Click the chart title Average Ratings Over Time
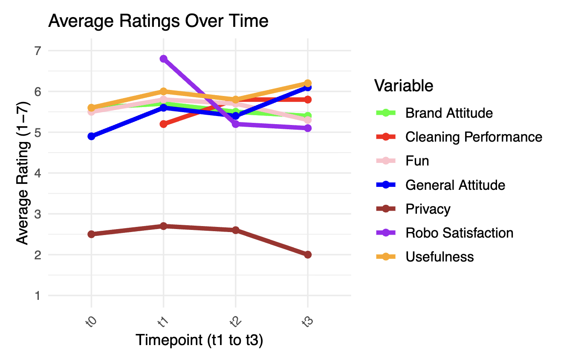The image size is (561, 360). point(158,21)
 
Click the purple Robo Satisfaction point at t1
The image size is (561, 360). point(163,59)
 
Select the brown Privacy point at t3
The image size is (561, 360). point(307,255)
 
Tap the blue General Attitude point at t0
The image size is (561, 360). point(91,136)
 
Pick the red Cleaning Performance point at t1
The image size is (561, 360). point(163,124)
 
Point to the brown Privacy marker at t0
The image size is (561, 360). point(91,234)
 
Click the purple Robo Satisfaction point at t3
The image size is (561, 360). point(307,128)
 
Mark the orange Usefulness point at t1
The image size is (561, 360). point(163,91)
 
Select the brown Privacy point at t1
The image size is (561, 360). point(163,226)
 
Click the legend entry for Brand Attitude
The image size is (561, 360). point(449,113)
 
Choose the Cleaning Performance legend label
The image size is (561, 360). point(474,137)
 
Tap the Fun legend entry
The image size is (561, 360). point(417,161)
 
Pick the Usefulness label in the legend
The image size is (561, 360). point(440,257)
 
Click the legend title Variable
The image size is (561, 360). point(404,86)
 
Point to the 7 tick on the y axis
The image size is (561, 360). point(39,51)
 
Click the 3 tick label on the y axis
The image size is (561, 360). point(39,214)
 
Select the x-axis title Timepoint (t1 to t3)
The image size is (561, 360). point(199,340)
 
